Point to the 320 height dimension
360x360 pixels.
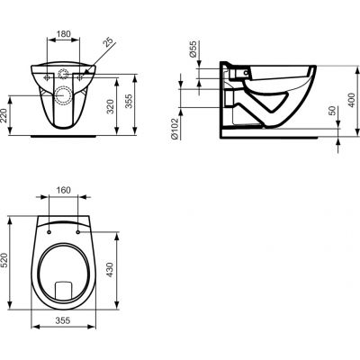[110, 99]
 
